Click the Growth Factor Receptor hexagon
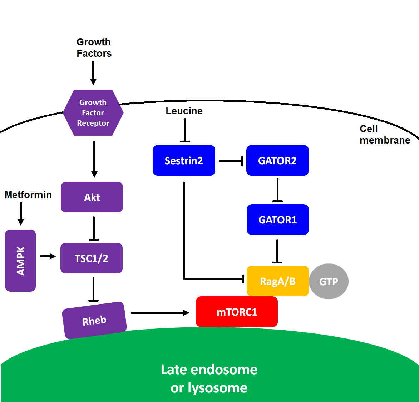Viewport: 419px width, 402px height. pyautogui.click(x=93, y=112)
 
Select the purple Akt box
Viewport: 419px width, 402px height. pyautogui.click(x=92, y=197)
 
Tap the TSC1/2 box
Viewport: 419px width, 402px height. pyautogui.click(x=92, y=258)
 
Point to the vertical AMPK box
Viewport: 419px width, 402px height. pyautogui.click(x=20, y=261)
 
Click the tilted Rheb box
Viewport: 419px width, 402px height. pyautogui.click(x=94, y=320)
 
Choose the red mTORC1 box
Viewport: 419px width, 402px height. pyautogui.click(x=237, y=312)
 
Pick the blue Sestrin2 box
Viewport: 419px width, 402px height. pyautogui.click(x=184, y=160)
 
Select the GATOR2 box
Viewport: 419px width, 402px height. pyautogui.click(x=277, y=160)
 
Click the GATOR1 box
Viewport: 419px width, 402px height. pyautogui.click(x=277, y=220)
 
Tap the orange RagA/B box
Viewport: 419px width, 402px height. pyautogui.click(x=277, y=281)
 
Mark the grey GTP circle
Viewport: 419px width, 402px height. pyautogui.click(x=329, y=281)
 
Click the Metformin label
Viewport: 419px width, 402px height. pyautogui.click(x=28, y=195)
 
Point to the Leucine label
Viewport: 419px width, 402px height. pyautogui.click(x=184, y=111)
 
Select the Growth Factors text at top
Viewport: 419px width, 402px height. pyautogui.click(x=94, y=47)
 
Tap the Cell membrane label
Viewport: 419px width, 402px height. pyautogui.click(x=385, y=134)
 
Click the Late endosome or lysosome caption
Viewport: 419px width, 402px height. pyautogui.click(x=209, y=378)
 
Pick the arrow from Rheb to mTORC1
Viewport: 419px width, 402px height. pyautogui.click(x=160, y=313)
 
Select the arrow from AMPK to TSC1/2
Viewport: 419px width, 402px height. pyautogui.click(x=48, y=256)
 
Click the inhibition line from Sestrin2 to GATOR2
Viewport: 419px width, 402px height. pyautogui.click(x=231, y=161)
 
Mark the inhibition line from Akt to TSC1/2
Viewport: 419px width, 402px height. pyautogui.click(x=94, y=228)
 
